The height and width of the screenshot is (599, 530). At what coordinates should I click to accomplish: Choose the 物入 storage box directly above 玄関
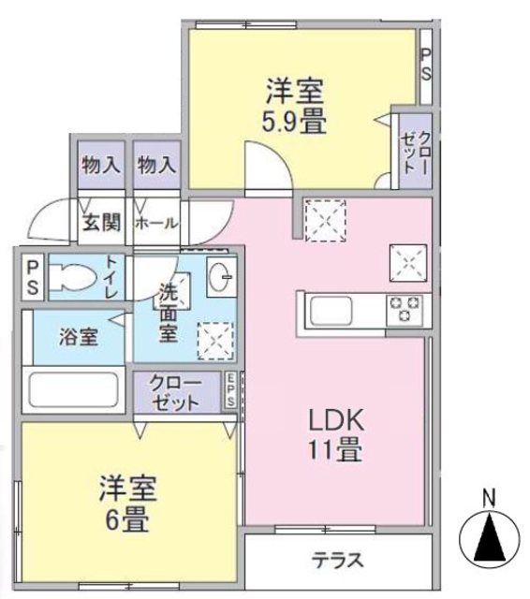pyautogui.click(x=101, y=167)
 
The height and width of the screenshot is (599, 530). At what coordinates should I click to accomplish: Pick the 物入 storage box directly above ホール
pyautogui.click(x=156, y=167)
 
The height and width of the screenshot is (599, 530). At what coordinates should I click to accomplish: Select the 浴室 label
pyautogui.click(x=80, y=337)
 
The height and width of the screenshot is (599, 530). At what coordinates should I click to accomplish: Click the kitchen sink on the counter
pyautogui.click(x=330, y=309)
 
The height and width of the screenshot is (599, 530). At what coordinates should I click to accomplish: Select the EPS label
pyautogui.click(x=229, y=390)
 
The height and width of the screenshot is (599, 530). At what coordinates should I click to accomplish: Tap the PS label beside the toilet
pyautogui.click(x=32, y=276)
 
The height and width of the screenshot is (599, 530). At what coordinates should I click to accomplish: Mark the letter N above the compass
pyautogui.click(x=488, y=498)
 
